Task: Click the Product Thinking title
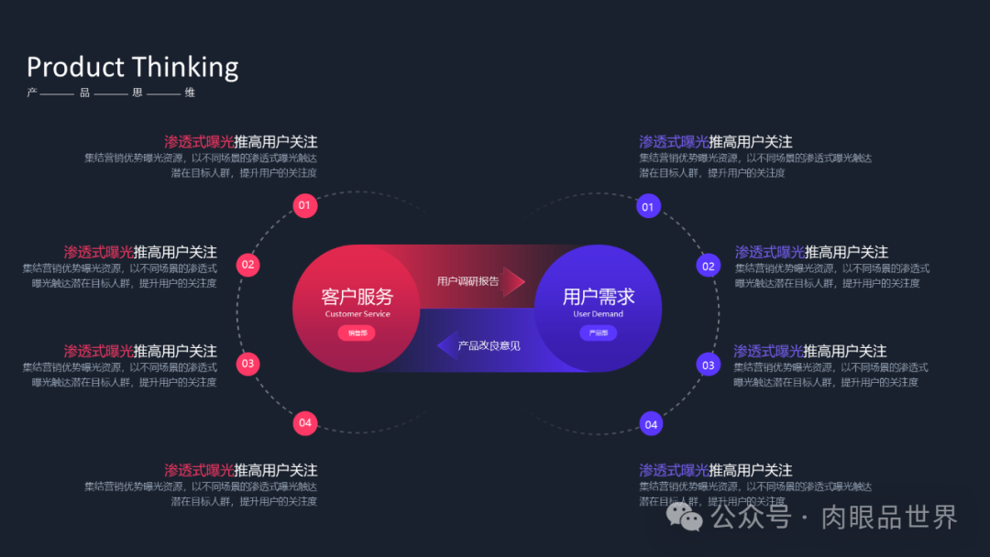click(132, 67)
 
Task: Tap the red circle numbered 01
click(304, 205)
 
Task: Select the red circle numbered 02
click(247, 265)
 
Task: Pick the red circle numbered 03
click(247, 364)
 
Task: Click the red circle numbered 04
click(305, 423)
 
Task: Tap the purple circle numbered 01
click(648, 206)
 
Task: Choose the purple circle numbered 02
click(708, 267)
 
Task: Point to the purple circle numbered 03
click(708, 365)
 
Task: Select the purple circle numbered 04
click(651, 424)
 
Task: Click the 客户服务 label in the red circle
click(357, 296)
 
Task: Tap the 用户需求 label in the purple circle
click(598, 296)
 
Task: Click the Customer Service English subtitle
click(357, 314)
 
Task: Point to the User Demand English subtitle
click(598, 314)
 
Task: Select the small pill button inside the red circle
click(357, 333)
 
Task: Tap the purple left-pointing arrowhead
click(446, 345)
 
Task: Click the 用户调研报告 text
click(467, 281)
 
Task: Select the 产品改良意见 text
click(489, 345)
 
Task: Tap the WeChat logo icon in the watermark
click(684, 517)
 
